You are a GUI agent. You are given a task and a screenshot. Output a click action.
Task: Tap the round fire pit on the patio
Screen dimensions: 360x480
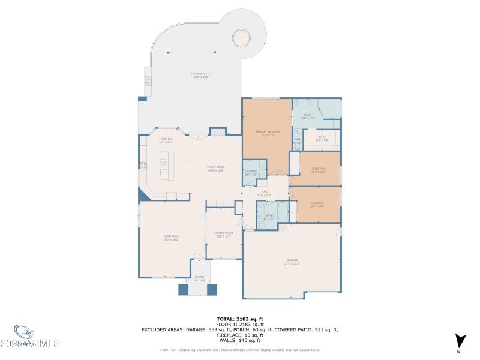242,38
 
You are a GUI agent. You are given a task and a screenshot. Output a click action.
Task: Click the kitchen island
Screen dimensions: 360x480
166,165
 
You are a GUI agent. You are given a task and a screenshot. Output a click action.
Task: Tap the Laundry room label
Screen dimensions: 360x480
251,173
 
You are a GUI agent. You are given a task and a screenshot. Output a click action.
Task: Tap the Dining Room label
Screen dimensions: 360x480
223,235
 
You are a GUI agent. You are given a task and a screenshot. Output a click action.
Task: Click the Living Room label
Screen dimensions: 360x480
171,238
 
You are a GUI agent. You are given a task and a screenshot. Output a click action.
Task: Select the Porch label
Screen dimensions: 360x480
199,279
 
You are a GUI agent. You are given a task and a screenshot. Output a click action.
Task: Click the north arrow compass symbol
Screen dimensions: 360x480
460,341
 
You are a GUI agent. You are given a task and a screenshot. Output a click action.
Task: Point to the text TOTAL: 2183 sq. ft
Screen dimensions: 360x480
240,319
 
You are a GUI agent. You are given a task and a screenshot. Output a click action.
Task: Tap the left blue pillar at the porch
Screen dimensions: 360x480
184,289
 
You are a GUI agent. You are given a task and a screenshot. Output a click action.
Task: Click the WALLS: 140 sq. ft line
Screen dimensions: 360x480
240,340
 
